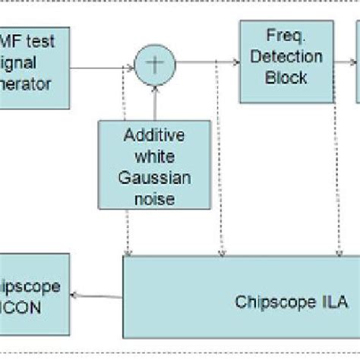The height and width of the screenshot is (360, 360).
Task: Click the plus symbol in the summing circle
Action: (154, 65)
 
